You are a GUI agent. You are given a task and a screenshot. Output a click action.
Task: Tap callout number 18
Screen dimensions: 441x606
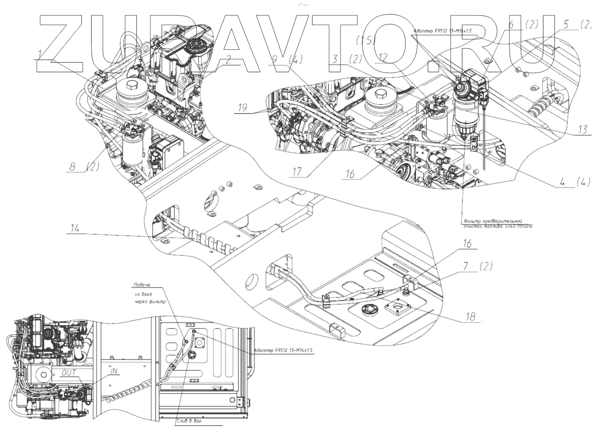click(x=471, y=317)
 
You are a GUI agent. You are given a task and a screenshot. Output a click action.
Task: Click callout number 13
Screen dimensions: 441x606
click(x=583, y=129)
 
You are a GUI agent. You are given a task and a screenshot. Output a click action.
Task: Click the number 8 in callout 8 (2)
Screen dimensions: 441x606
click(x=73, y=166)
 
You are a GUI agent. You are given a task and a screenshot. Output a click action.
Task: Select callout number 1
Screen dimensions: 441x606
click(x=40, y=54)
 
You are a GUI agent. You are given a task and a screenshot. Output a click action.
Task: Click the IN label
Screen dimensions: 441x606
click(x=115, y=371)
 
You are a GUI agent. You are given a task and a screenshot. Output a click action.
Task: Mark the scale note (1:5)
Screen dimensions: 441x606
click(x=366, y=41)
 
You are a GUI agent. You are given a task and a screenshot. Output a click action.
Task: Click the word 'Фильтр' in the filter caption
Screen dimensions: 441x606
click(x=474, y=220)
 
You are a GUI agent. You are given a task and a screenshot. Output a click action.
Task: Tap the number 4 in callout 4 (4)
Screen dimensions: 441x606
click(x=562, y=183)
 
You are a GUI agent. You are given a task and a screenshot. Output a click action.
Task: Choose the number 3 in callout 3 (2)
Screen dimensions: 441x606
click(x=335, y=59)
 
